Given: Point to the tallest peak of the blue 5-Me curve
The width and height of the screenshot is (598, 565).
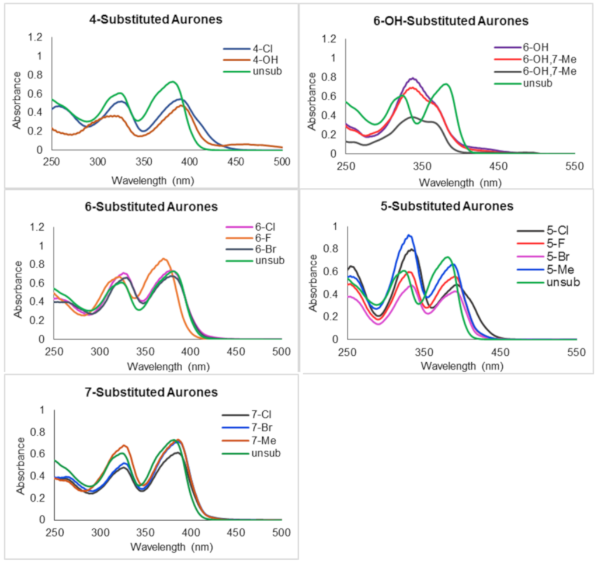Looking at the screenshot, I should (x=409, y=235).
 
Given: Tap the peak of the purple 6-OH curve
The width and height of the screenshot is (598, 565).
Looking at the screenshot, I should (x=413, y=78).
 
